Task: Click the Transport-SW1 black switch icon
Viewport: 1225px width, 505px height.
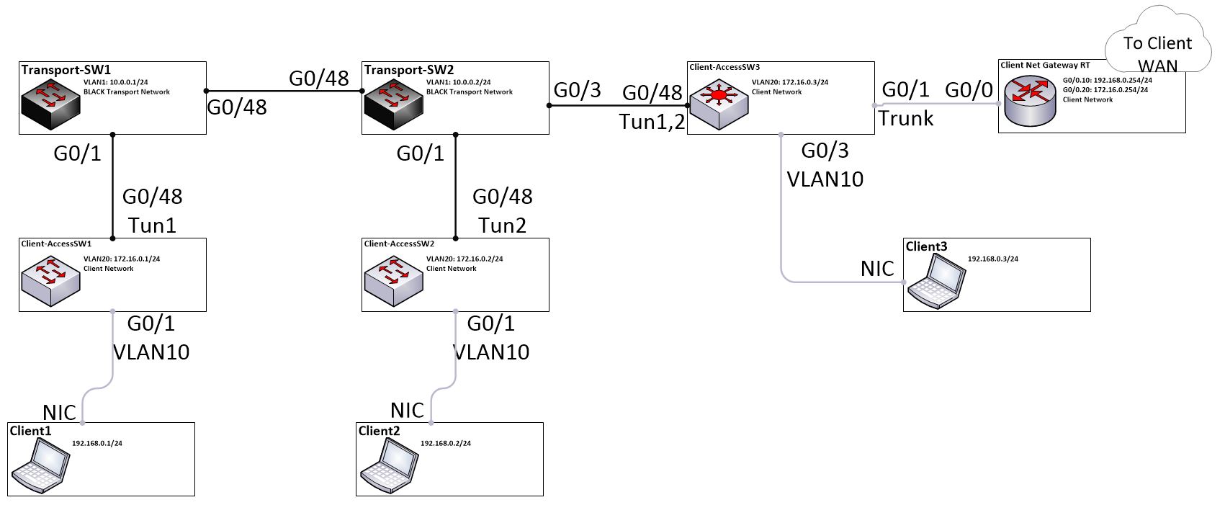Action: pyautogui.click(x=50, y=101)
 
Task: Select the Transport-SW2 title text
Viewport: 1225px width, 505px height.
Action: pyautogui.click(x=408, y=70)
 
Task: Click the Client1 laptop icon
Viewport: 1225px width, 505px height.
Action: pyautogui.click(x=41, y=466)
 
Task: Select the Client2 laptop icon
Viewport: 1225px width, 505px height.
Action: pyautogui.click(x=390, y=466)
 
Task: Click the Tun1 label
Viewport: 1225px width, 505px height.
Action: pyautogui.click(x=152, y=225)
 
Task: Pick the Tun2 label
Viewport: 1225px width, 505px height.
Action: pyautogui.click(x=502, y=225)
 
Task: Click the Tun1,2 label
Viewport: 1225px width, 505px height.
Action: pyautogui.click(x=652, y=122)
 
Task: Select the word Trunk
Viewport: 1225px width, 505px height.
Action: pyautogui.click(x=906, y=118)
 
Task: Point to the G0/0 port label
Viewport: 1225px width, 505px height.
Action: pyautogui.click(x=969, y=90)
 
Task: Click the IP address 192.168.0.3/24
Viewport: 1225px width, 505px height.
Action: pyautogui.click(x=992, y=259)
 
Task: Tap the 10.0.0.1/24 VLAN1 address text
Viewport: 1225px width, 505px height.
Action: pyautogui.click(x=128, y=82)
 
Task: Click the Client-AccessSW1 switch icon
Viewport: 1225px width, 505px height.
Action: pyautogui.click(x=50, y=278)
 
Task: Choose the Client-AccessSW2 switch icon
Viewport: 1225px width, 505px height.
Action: pyautogui.click(x=392, y=278)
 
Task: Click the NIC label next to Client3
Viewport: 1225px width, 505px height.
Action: pyautogui.click(x=877, y=269)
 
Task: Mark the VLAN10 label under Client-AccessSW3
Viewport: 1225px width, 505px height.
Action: pyautogui.click(x=825, y=179)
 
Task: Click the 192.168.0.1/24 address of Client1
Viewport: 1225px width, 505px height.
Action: pyautogui.click(x=97, y=443)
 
